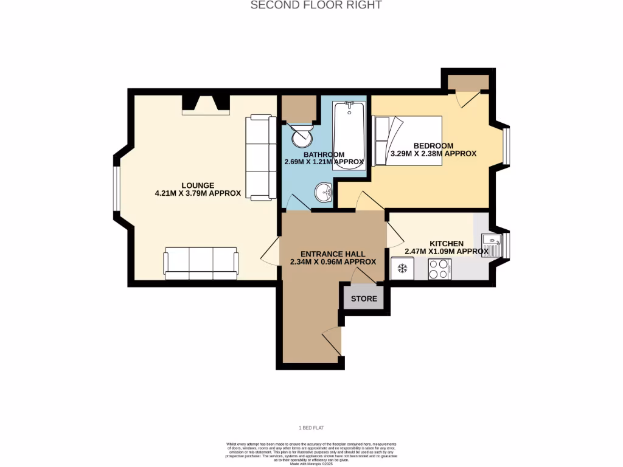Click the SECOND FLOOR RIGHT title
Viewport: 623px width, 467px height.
pyautogui.click(x=316, y=5)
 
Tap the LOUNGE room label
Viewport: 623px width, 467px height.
pyautogui.click(x=197, y=185)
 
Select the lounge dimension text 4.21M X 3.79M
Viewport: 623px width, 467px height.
pyautogui.click(x=198, y=193)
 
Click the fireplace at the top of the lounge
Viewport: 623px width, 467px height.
pyautogui.click(x=206, y=104)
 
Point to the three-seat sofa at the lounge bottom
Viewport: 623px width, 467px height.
pyautogui.click(x=201, y=263)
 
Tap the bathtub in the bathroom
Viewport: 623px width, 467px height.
pyautogui.click(x=349, y=135)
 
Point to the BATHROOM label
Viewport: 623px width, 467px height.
pyautogui.click(x=324, y=154)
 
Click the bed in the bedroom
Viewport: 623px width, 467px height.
pyautogui.click(x=408, y=140)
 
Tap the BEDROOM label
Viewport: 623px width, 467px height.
pyautogui.click(x=433, y=145)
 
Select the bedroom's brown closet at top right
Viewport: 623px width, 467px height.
pyautogui.click(x=468, y=82)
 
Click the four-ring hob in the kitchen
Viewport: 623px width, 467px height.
pyautogui.click(x=439, y=268)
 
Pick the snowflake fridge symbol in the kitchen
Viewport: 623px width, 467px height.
pyautogui.click(x=402, y=268)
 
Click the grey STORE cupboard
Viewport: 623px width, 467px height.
pyautogui.click(x=364, y=299)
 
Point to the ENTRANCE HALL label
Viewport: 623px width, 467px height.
pyautogui.click(x=333, y=254)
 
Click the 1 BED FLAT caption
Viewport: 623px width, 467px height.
pyautogui.click(x=311, y=428)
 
